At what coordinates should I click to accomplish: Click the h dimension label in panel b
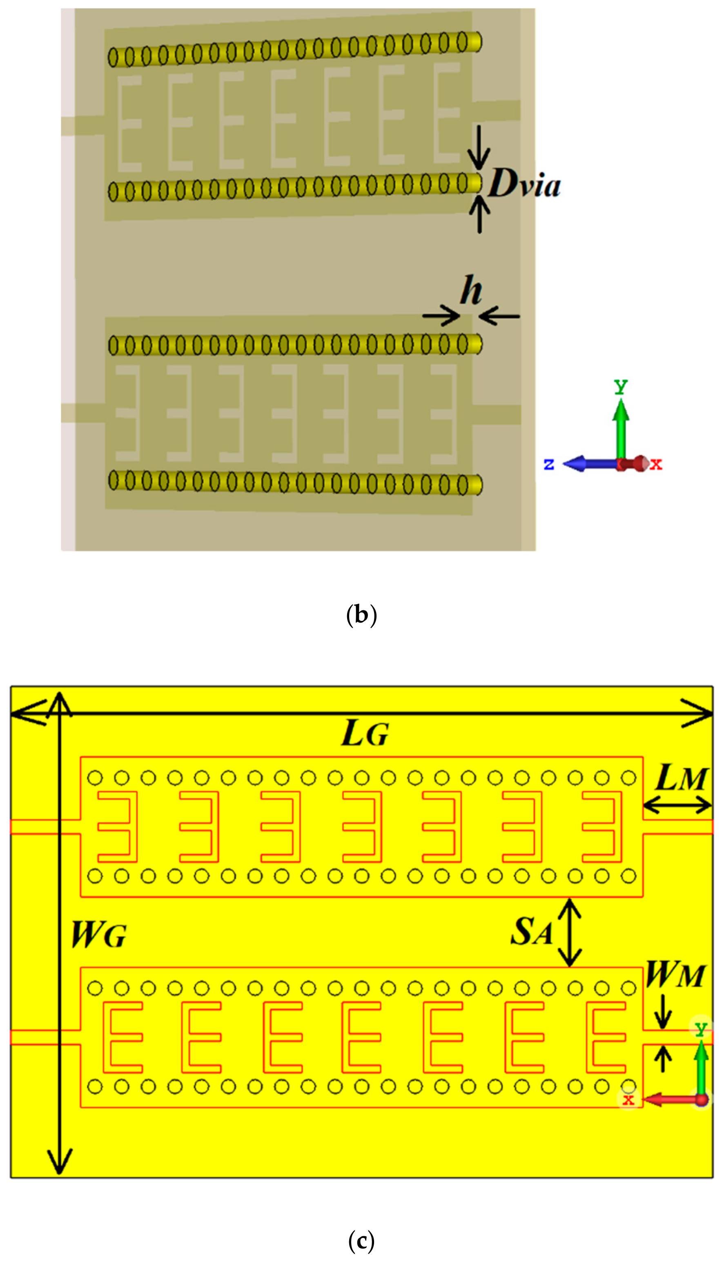(x=470, y=290)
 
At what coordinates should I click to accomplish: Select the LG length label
(x=365, y=734)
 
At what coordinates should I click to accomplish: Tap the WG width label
(x=98, y=935)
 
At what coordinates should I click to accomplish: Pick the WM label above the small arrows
(x=675, y=975)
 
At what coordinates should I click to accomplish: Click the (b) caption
(x=361, y=615)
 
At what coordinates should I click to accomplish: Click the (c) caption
(x=361, y=1242)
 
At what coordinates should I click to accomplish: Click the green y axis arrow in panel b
(x=621, y=428)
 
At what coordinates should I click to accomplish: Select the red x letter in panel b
(x=656, y=465)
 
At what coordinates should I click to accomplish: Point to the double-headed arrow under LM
(x=677, y=804)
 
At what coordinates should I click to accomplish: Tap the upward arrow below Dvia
(x=479, y=214)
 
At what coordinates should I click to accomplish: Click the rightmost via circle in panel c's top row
(x=629, y=777)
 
